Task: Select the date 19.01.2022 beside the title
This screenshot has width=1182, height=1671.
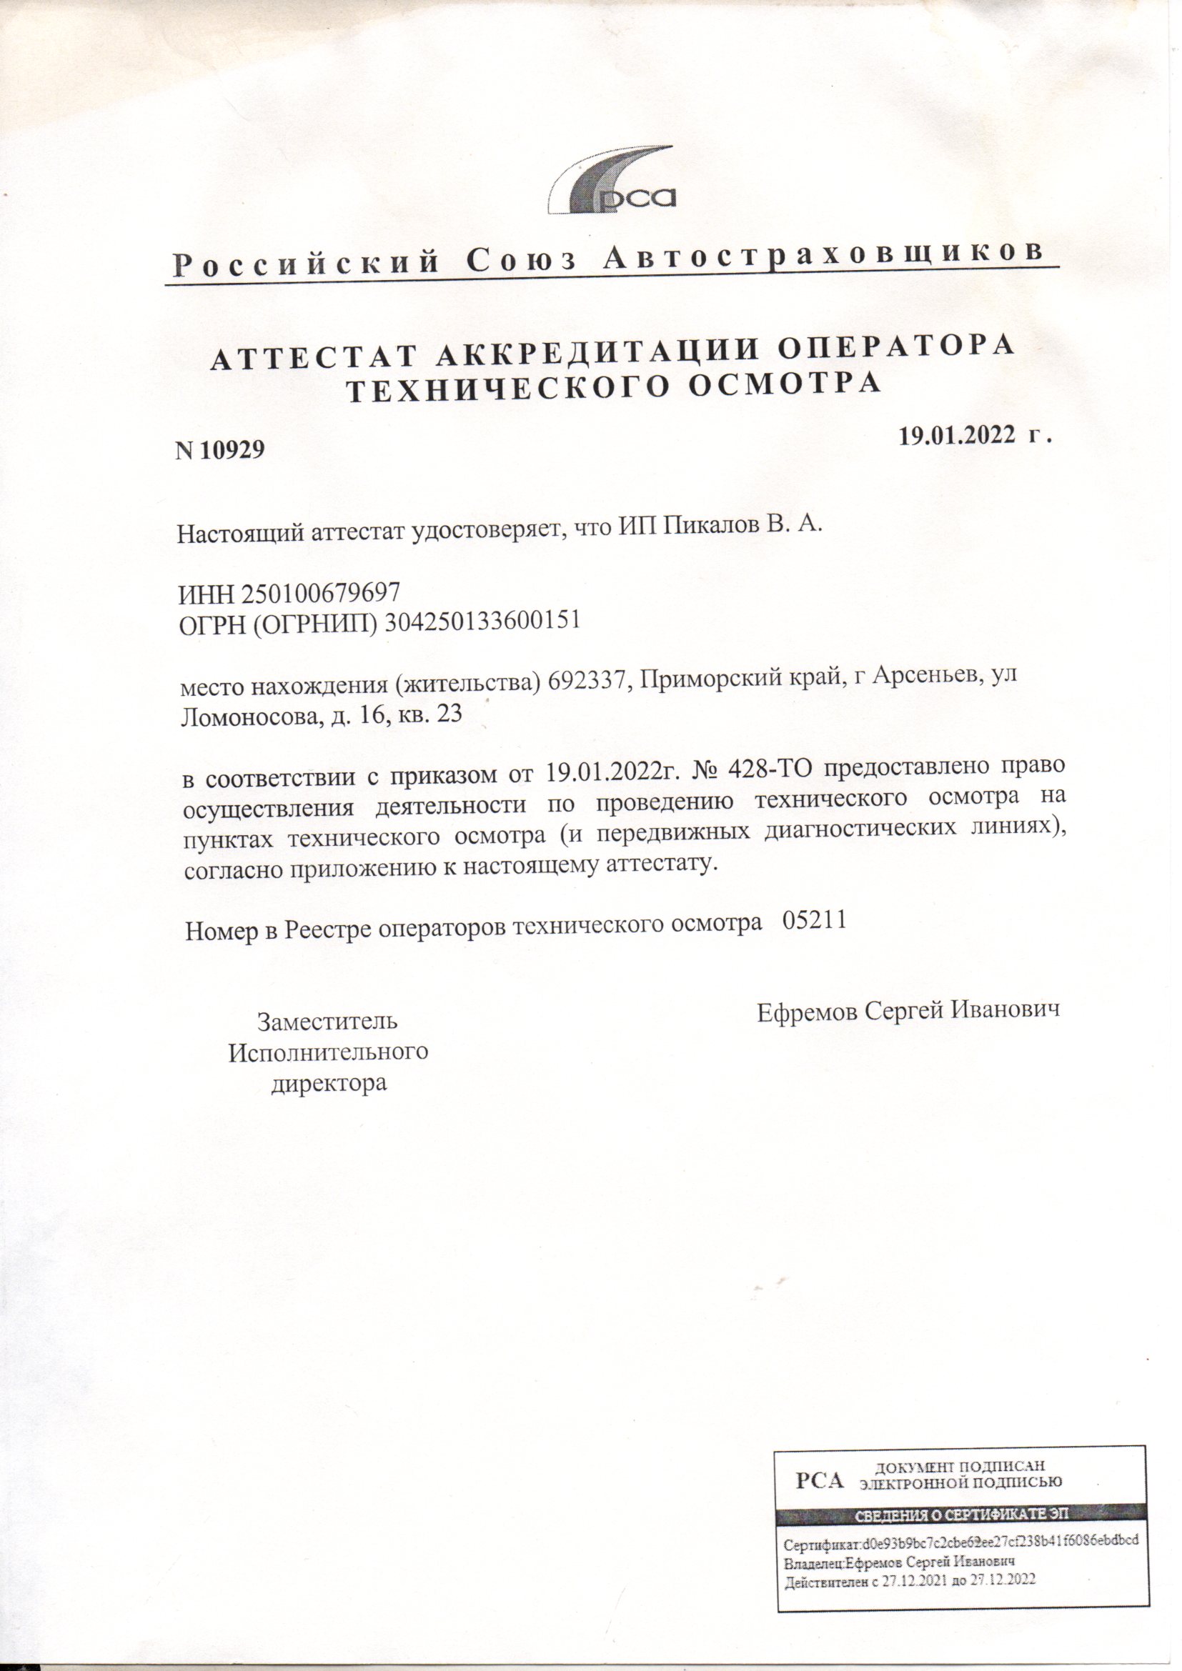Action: (x=957, y=435)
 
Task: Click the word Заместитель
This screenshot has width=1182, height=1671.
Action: (x=327, y=1020)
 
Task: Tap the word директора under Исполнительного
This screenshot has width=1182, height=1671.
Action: (x=328, y=1083)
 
